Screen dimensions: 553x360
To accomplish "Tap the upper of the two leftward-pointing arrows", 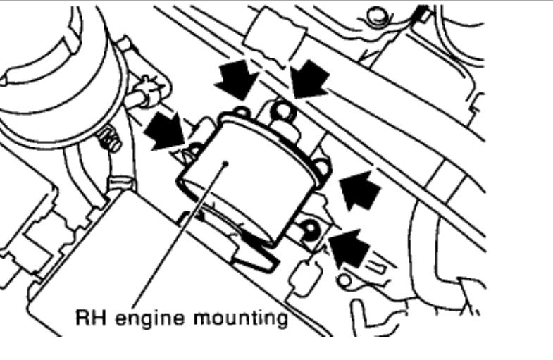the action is [x=360, y=190].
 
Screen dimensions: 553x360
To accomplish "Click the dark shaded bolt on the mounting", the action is [x=308, y=229].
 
